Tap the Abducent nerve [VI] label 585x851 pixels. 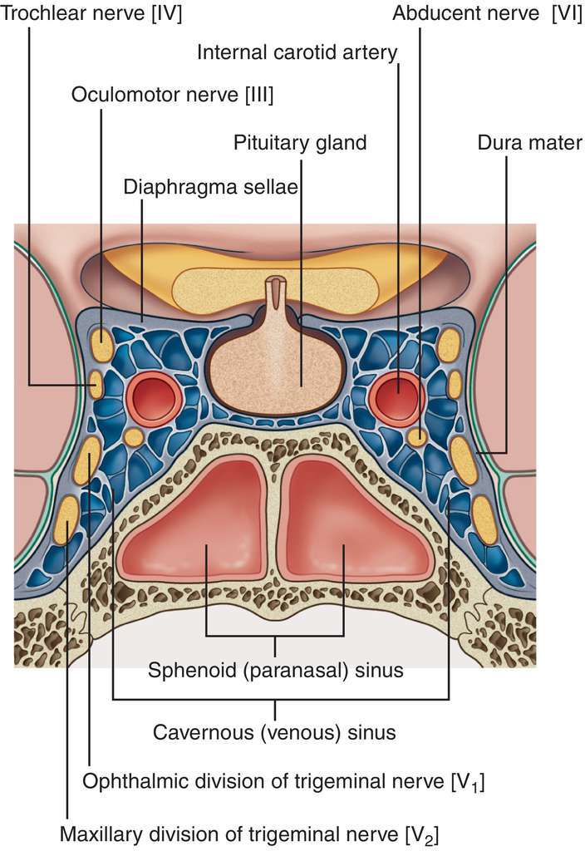(x=487, y=14)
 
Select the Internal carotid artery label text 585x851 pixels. (x=297, y=53)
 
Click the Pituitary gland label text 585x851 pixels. (x=299, y=142)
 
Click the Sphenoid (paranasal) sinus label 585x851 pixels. (x=275, y=670)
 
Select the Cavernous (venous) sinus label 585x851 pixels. (x=274, y=733)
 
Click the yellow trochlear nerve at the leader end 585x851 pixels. (x=97, y=384)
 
